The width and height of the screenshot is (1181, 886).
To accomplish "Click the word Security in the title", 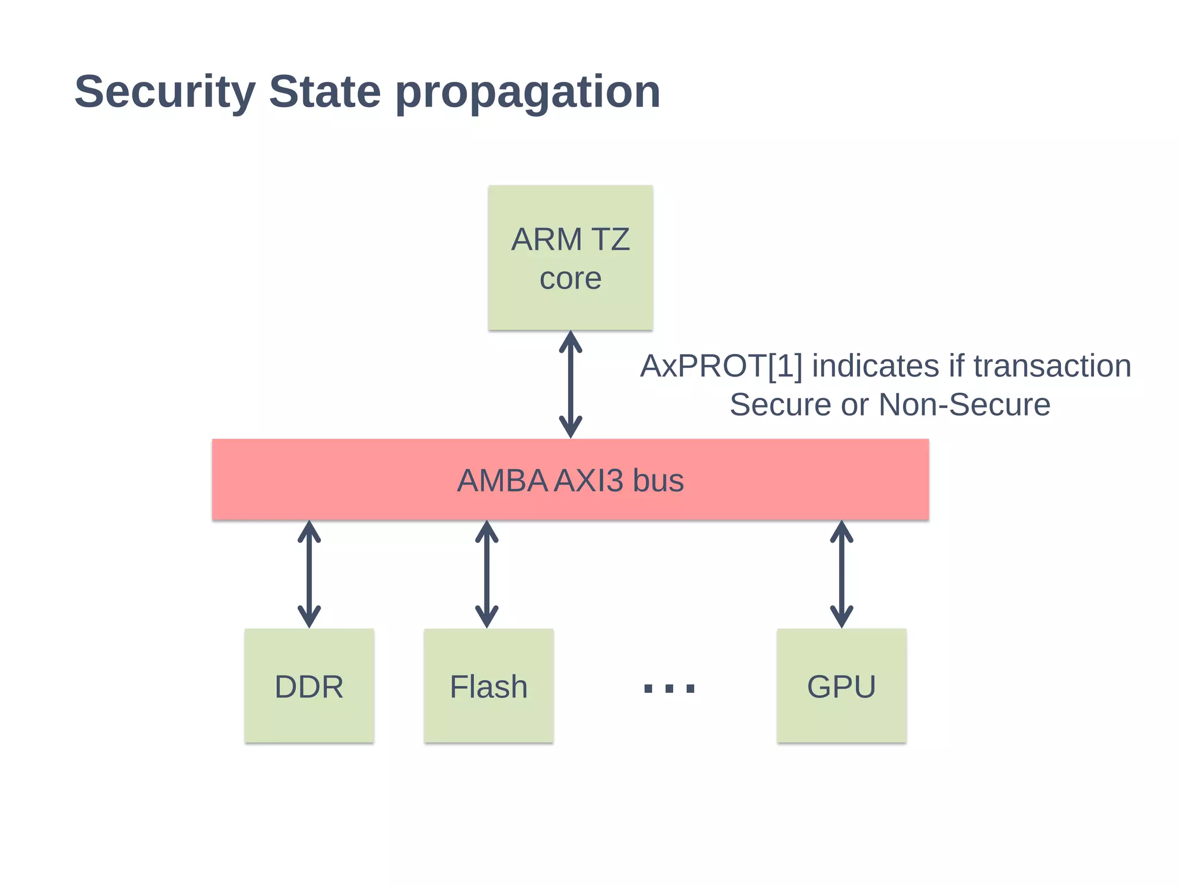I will tap(165, 92).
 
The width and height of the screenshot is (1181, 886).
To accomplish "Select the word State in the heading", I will tap(325, 92).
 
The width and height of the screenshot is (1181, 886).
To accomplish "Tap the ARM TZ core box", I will tap(570, 258).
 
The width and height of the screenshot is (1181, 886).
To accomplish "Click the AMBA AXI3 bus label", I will tap(570, 480).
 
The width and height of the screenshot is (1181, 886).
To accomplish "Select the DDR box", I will tap(309, 686).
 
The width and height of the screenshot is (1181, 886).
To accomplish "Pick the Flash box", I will tap(488, 686).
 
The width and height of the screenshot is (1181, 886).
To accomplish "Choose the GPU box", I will tap(841, 686).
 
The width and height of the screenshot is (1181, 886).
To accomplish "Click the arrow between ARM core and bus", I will tap(570, 384).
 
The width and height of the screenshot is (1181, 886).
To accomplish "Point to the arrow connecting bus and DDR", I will tap(309, 574).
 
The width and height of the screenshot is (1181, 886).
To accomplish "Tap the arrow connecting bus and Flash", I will tap(487, 574).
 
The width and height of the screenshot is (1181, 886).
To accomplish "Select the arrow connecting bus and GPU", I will tap(841, 574).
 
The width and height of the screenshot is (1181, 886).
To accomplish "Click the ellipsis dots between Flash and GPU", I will tap(669, 688).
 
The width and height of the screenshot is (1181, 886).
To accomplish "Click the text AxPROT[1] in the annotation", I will tap(721, 367).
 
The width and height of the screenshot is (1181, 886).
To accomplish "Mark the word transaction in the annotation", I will tap(1052, 367).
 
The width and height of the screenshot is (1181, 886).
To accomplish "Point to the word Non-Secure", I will tap(964, 405).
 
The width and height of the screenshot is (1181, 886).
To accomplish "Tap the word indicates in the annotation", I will tap(875, 367).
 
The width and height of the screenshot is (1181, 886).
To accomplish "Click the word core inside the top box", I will tap(570, 279).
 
